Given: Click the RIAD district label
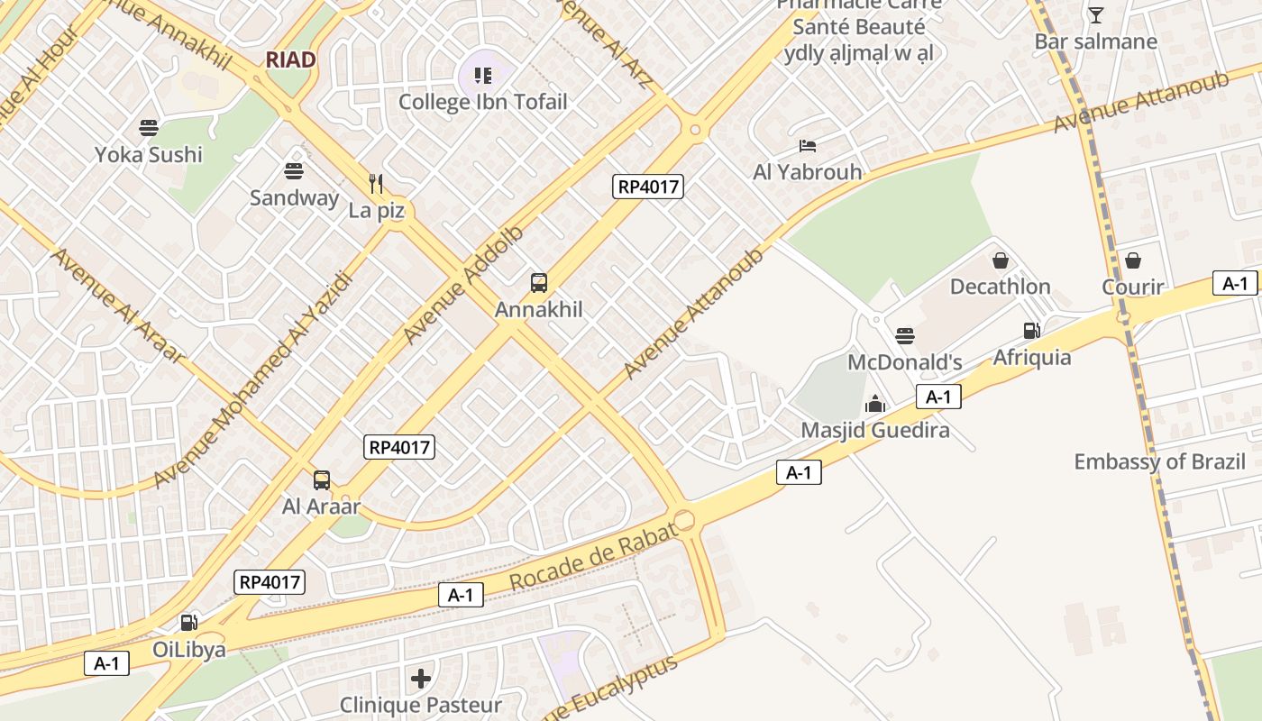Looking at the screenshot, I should click(x=290, y=60).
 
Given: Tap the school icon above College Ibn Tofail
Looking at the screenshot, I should click(x=482, y=76).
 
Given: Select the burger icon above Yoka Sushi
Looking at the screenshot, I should click(x=149, y=128).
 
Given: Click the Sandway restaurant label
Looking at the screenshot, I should click(x=294, y=197).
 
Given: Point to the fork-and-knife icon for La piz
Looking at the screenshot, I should click(x=377, y=184).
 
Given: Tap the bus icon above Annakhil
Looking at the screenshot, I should click(x=538, y=283).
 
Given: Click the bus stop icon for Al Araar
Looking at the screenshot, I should click(x=322, y=479).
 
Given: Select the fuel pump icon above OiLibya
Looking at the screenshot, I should click(x=188, y=622).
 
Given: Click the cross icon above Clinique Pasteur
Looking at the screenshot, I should click(x=420, y=678).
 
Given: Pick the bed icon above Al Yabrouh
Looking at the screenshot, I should click(x=807, y=145).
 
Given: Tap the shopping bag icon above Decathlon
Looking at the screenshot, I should click(x=1000, y=261).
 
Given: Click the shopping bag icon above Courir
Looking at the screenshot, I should click(x=1132, y=261).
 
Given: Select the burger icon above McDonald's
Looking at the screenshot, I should click(x=904, y=336).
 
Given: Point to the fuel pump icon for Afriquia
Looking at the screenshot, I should click(x=1032, y=331).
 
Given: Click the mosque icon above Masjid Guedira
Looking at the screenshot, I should click(x=874, y=405).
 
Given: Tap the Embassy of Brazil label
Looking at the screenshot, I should click(x=1159, y=462).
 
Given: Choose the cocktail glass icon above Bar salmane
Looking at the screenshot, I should click(x=1095, y=15).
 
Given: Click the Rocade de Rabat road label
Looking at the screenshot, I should click(x=593, y=557).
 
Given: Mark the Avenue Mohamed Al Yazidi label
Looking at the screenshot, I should click(x=251, y=379).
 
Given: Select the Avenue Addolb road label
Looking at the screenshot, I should click(x=462, y=285).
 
